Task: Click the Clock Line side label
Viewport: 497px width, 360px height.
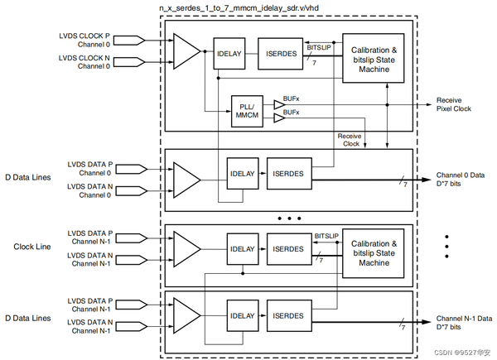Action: coord(35,247)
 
